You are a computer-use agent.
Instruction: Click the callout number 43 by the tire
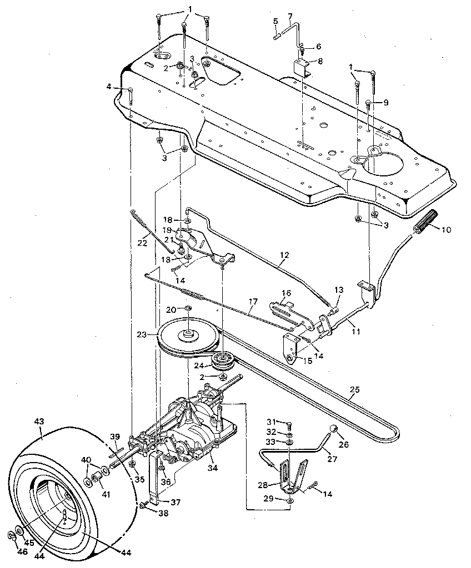[39, 422]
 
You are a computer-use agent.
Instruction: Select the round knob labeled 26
[334, 429]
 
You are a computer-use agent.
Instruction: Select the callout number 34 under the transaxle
[213, 468]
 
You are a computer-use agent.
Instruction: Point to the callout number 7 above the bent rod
[289, 15]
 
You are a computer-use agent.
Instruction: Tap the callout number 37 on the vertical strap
[176, 502]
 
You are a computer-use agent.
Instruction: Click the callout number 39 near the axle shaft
[114, 437]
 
